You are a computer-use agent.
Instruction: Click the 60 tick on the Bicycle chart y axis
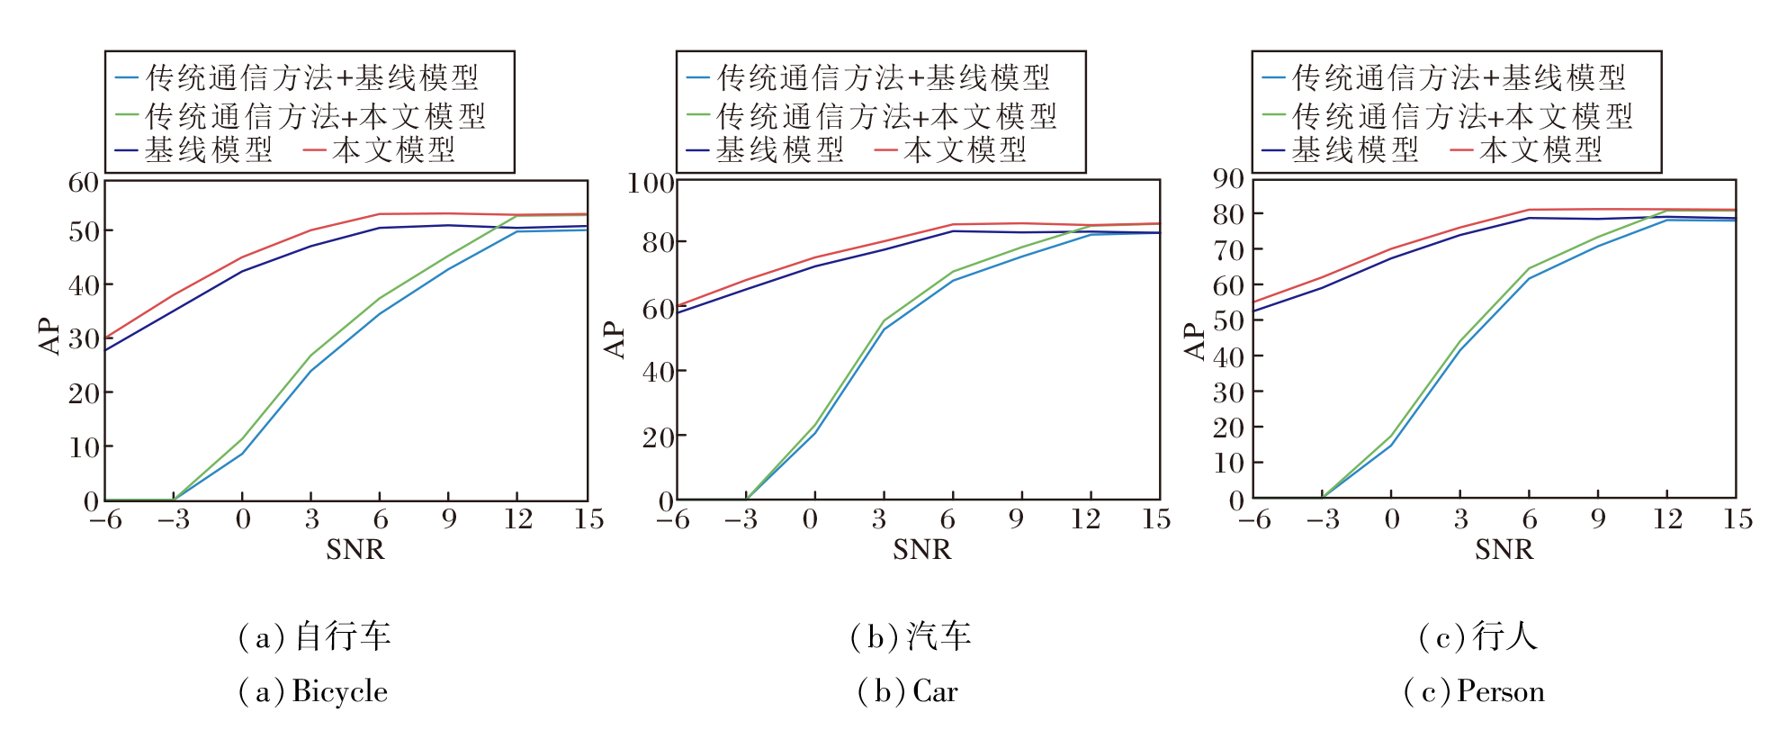tap(84, 183)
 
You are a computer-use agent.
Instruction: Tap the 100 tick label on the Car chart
tap(651, 184)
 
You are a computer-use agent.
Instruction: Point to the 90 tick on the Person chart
tap(1229, 179)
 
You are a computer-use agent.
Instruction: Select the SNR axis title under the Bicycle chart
tap(355, 550)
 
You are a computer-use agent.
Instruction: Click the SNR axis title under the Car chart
tap(921, 550)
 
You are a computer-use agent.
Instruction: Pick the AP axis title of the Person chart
tap(1195, 341)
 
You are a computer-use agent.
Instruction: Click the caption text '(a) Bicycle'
tap(312, 691)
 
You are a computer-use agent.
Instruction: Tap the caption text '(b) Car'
tap(907, 691)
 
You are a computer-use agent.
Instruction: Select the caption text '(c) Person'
tap(1474, 691)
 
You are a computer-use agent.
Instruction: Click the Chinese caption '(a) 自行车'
tap(313, 636)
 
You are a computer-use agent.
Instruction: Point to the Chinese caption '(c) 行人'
tap(1477, 636)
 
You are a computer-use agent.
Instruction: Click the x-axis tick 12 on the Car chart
tap(1085, 519)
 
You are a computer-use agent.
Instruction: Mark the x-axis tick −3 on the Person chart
tap(1323, 519)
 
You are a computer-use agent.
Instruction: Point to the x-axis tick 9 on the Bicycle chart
tap(448, 519)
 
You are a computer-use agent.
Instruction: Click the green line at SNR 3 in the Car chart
tap(884, 320)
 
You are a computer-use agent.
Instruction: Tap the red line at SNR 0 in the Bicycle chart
tap(242, 257)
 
